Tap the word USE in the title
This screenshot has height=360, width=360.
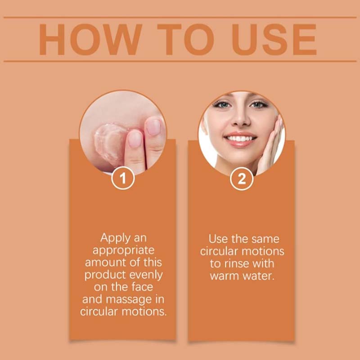[274, 40]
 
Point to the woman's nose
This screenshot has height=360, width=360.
[240, 118]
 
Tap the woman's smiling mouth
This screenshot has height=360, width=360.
[240, 138]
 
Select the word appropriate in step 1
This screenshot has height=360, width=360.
[123, 250]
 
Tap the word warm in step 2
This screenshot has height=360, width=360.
[225, 275]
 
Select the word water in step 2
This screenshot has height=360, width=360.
[258, 275]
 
